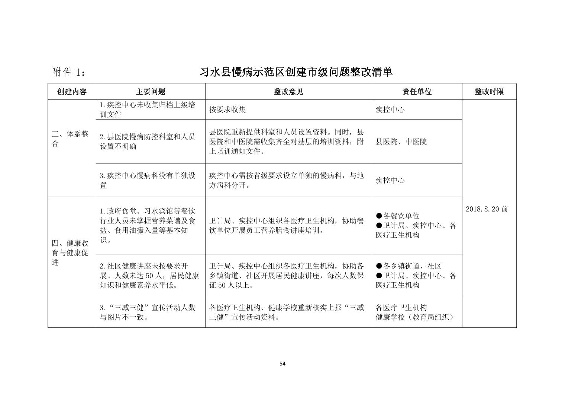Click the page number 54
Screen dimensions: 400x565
[282, 364]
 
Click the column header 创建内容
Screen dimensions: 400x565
[72, 92]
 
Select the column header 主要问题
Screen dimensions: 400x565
[151, 92]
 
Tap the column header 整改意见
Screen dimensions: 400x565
[288, 92]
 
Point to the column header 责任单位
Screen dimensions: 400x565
[417, 92]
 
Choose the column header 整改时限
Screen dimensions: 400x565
[489, 92]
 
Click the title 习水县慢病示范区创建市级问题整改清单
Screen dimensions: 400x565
[296, 72]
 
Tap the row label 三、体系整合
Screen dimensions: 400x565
[70, 139]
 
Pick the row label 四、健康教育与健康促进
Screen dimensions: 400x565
[70, 253]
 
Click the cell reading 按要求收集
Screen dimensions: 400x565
[227, 109]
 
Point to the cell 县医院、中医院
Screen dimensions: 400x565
[401, 142]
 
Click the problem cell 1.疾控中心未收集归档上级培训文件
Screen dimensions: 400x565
[148, 109]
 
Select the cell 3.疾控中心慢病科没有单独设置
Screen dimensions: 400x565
[148, 180]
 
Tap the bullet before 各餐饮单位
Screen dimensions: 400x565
[379, 216]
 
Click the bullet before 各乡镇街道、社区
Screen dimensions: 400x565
[379, 266]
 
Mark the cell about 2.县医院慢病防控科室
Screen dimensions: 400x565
[148, 142]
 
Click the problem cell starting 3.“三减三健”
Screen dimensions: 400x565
[148, 312]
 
